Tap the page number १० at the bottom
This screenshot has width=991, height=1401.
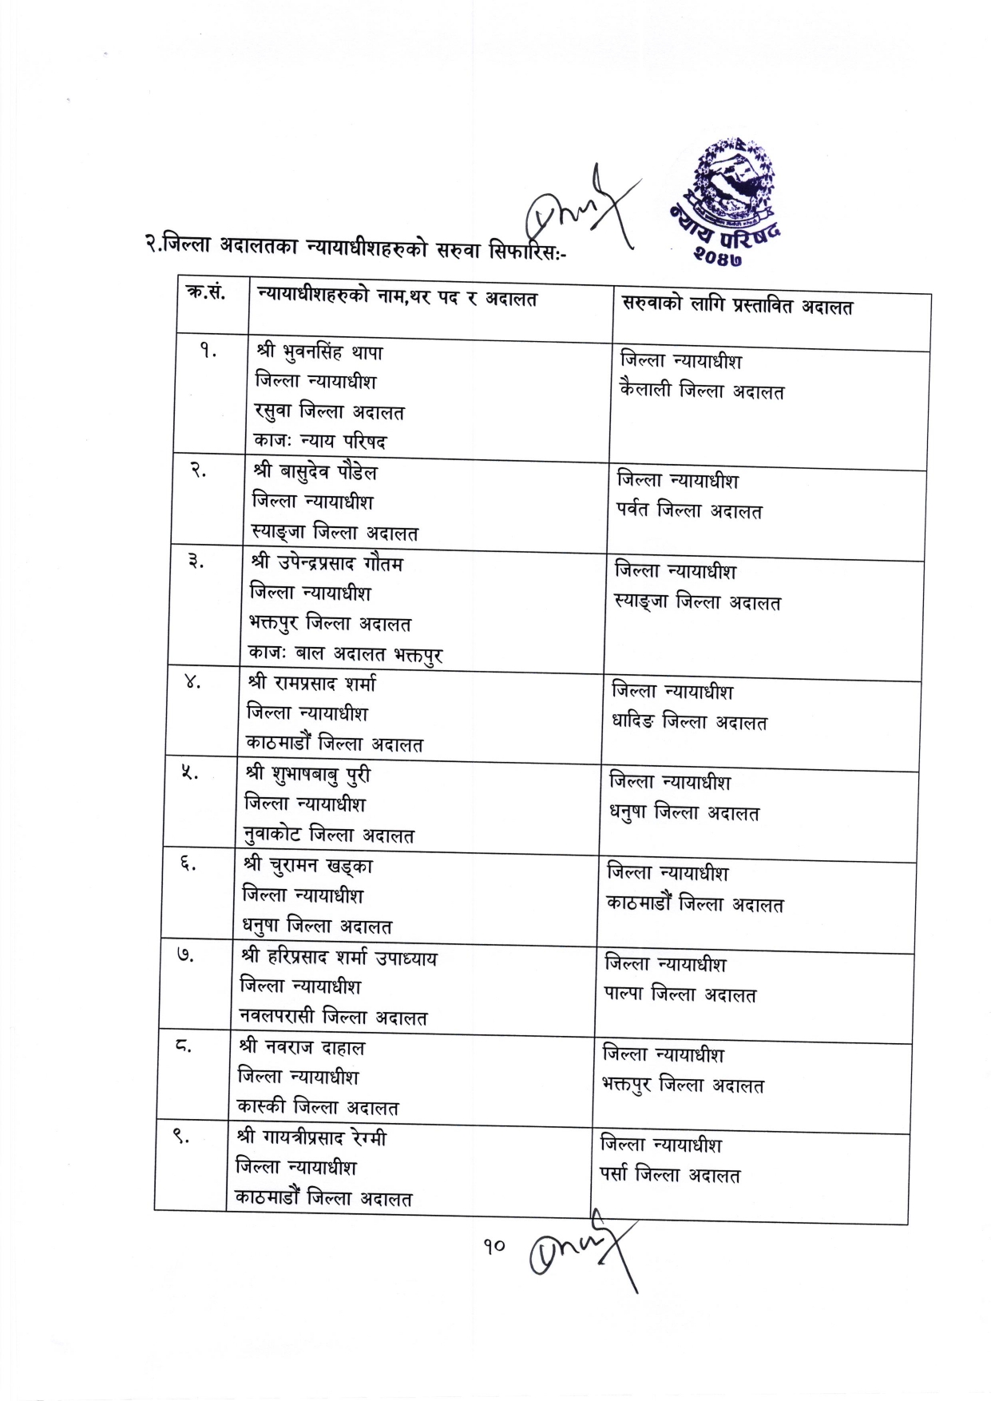click(494, 1245)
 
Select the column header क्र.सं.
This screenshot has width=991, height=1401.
click(206, 293)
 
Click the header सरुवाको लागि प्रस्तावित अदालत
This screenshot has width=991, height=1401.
click(737, 307)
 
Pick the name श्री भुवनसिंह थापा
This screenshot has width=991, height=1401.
click(319, 352)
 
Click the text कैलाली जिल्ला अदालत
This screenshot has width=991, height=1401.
click(702, 391)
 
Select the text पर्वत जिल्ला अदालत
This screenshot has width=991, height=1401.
click(689, 510)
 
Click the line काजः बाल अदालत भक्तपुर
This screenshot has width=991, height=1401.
click(345, 654)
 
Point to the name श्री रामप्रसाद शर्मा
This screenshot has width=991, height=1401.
click(311, 684)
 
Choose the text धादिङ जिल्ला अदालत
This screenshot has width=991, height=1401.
click(689, 722)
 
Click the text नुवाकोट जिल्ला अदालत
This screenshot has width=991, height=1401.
click(329, 835)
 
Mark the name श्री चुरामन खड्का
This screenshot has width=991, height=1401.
click(308, 866)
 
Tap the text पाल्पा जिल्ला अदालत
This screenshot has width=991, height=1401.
click(680, 995)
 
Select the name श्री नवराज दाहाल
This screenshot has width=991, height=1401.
click(301, 1047)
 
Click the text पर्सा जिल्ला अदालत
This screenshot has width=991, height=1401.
click(670, 1175)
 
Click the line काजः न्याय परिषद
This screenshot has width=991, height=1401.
click(319, 441)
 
